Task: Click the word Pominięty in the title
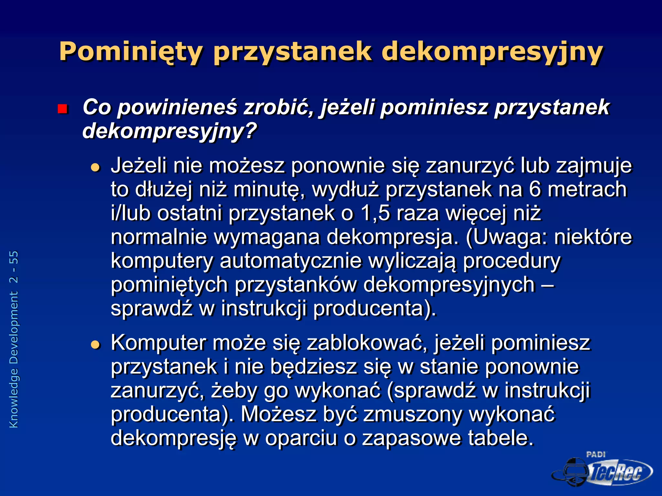click(131, 52)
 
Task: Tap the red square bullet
click(62, 109)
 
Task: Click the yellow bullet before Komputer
click(95, 345)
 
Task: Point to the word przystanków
click(295, 285)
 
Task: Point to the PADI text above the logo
click(596, 454)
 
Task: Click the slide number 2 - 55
click(14, 267)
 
